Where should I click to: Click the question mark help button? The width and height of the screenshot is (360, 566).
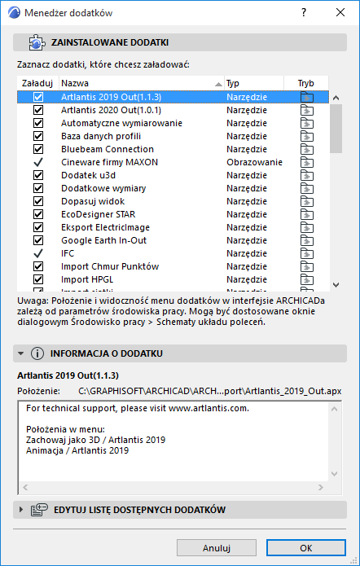[302, 12]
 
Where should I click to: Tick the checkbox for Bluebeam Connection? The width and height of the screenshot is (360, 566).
[37, 149]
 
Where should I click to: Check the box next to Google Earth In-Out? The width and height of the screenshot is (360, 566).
[37, 240]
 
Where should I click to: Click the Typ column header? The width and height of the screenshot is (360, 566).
[253, 83]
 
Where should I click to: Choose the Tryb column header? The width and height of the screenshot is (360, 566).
[306, 83]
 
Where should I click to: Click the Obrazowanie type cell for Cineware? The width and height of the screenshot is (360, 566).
[254, 162]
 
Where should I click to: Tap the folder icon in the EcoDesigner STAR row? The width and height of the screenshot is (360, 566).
[307, 214]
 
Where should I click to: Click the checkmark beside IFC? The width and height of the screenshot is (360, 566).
[37, 253]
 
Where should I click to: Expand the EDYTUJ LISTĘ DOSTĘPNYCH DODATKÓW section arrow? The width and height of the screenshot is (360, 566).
[20, 510]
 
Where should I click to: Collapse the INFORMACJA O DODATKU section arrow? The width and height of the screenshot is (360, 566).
[20, 353]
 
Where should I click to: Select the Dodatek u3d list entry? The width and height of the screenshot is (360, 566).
[90, 175]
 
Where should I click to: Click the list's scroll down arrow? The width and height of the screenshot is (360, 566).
[335, 284]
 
